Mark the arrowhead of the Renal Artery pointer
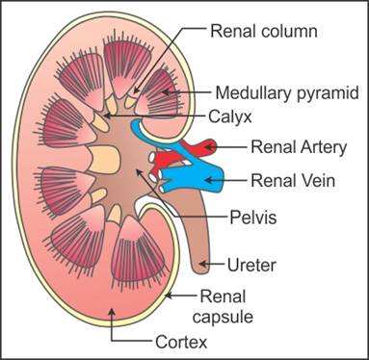(217, 147)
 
